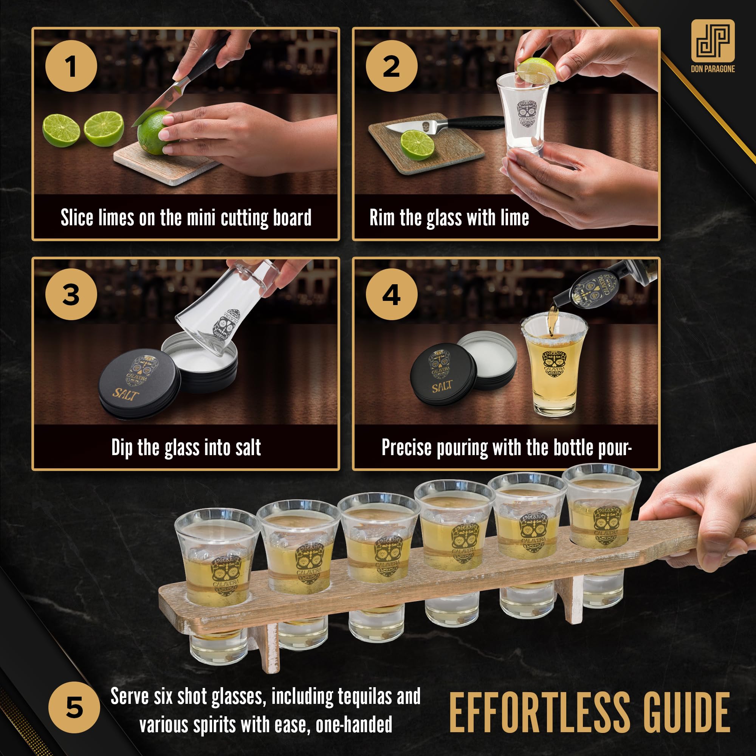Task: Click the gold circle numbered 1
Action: point(71,66)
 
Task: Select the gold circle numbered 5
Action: point(74,708)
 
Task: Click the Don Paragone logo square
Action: point(713,41)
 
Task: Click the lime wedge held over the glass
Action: point(536,71)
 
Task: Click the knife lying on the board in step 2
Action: point(442,125)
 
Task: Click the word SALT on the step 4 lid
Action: point(442,387)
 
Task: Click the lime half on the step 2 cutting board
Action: point(417,145)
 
